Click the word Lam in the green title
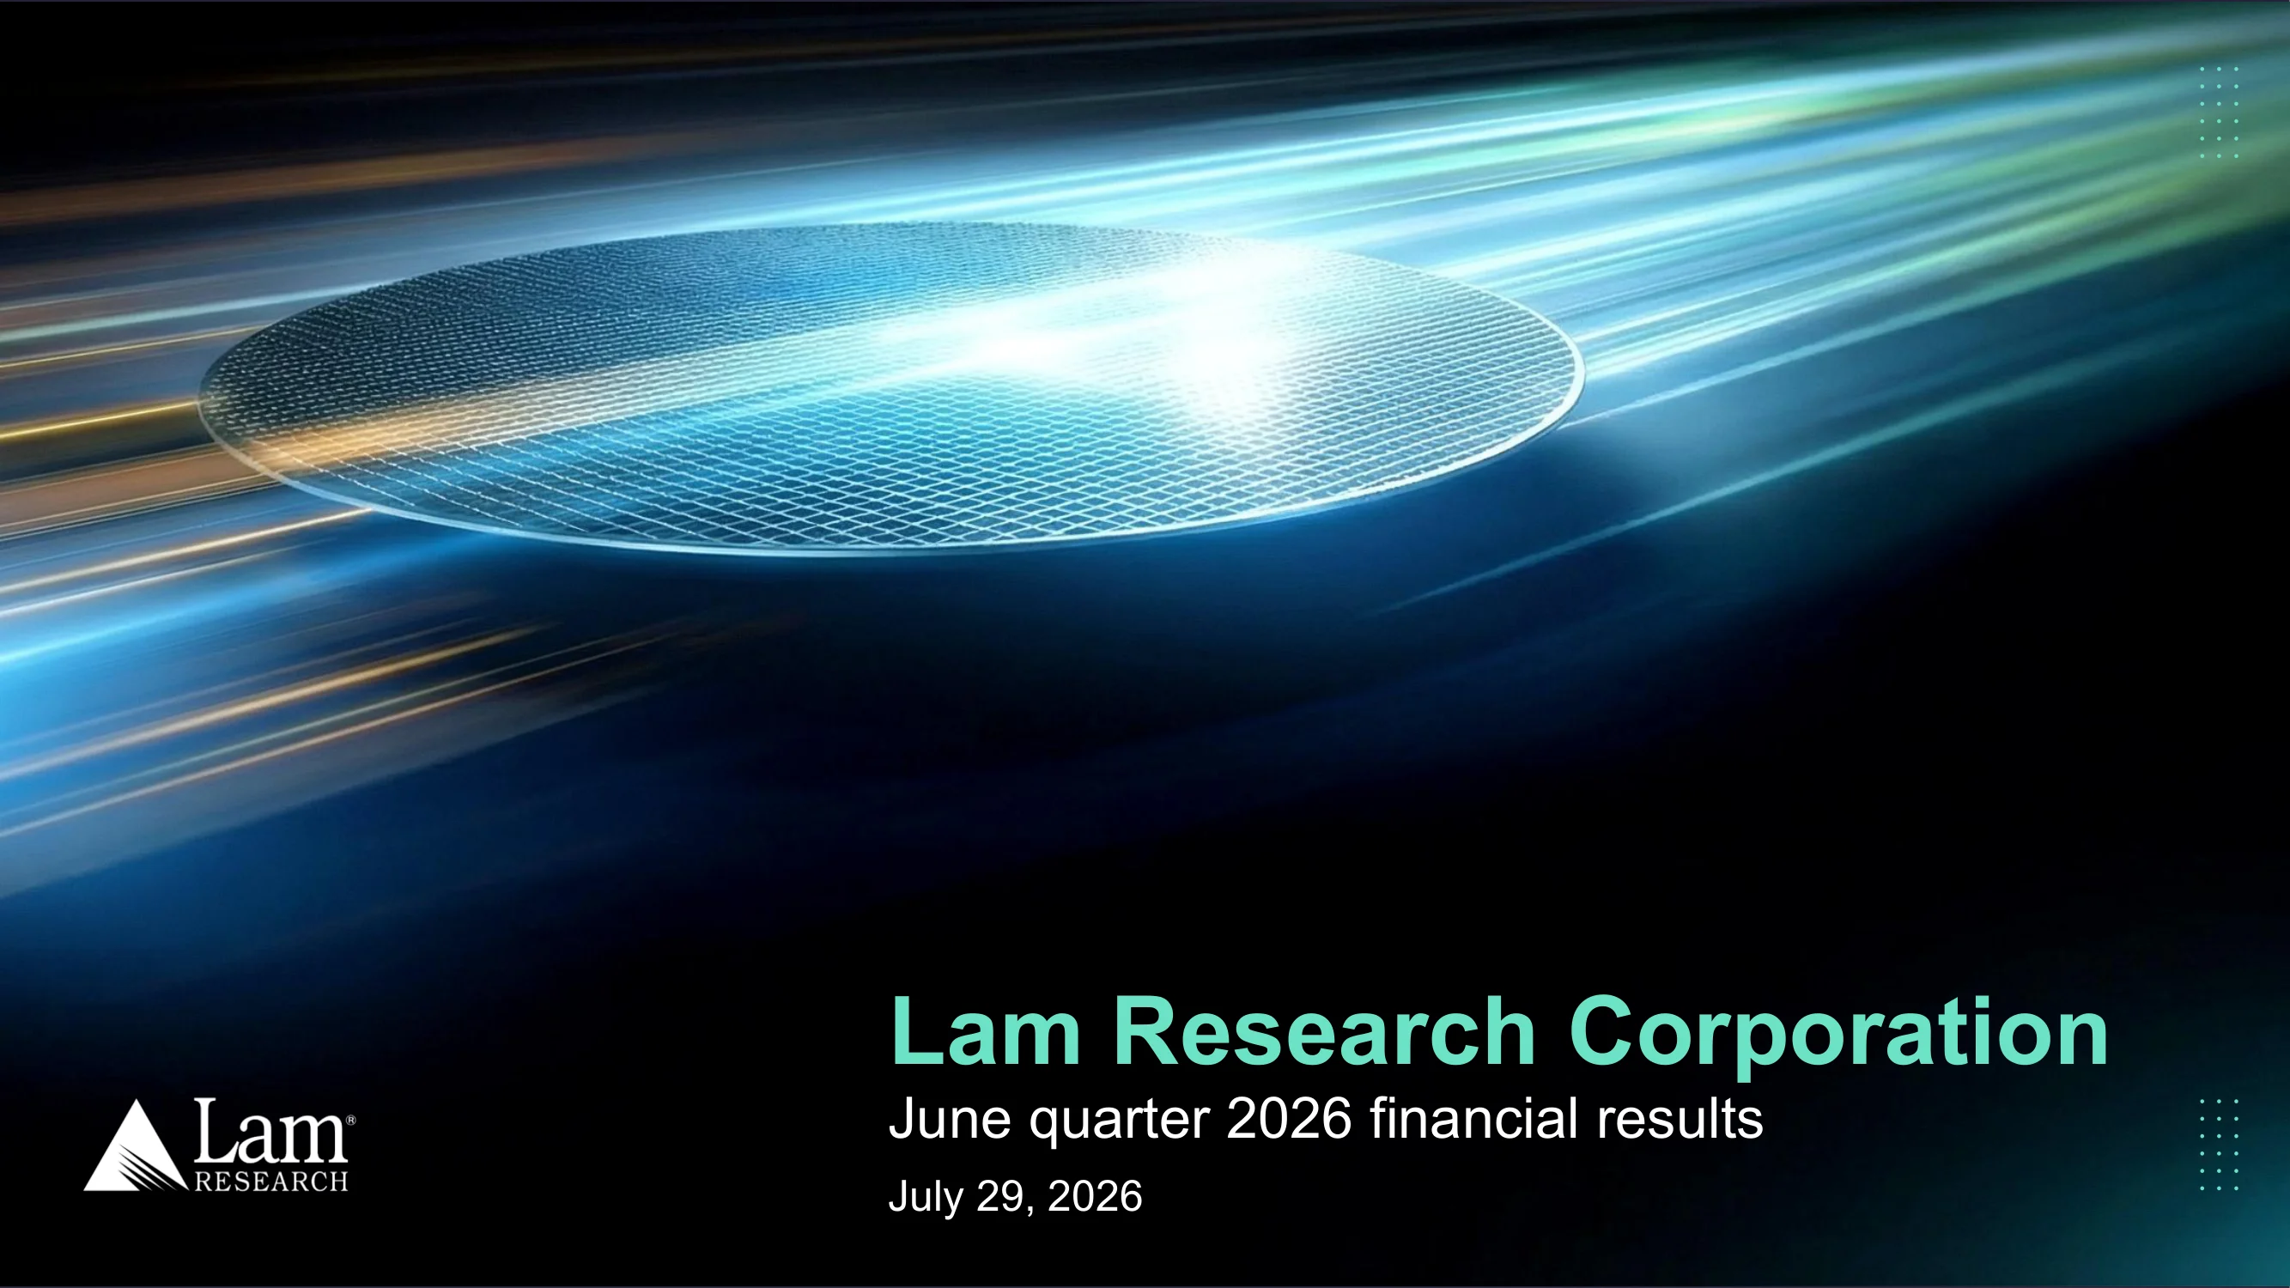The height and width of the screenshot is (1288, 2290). point(986,1032)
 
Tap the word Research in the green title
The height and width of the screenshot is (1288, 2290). point(1325,1032)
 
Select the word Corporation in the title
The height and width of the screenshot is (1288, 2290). point(1838,1036)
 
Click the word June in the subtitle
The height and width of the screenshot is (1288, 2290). point(950,1119)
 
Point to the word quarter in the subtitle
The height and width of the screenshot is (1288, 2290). point(1118,1122)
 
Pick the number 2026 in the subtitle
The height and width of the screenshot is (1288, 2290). point(1289,1119)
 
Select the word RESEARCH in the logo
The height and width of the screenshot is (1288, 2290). point(270,1182)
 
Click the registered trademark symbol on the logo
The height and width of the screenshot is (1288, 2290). point(351,1121)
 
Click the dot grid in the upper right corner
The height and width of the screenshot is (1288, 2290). point(2219,112)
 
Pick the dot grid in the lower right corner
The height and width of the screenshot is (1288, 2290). point(2219,1145)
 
